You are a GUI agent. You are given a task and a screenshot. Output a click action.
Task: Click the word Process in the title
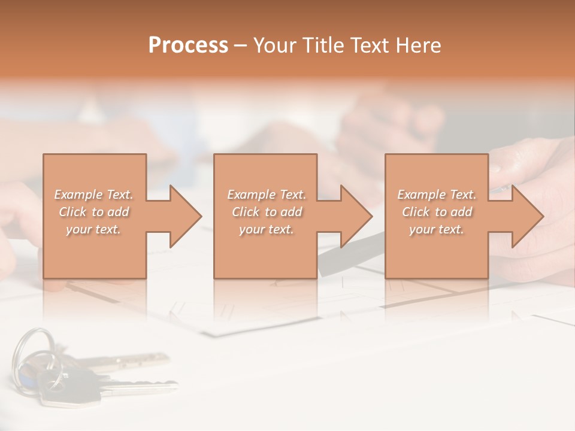tap(188, 45)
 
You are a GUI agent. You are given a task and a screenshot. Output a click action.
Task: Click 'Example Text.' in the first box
tap(94, 195)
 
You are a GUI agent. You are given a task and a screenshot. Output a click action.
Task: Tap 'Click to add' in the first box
tap(94, 212)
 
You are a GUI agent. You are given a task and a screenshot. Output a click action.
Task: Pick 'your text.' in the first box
tap(94, 229)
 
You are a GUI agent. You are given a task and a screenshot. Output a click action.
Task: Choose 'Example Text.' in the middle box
tap(267, 195)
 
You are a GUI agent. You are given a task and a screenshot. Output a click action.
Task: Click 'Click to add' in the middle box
tap(267, 212)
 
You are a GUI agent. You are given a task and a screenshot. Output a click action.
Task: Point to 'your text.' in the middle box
tap(267, 229)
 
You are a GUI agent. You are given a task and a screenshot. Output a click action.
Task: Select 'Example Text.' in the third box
tap(437, 195)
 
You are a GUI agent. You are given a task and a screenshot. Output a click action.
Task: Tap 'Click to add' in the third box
tap(437, 212)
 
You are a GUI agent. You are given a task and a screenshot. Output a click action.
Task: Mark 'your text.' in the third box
tap(437, 229)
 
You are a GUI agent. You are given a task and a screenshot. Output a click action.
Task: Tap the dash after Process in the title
tap(241, 45)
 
